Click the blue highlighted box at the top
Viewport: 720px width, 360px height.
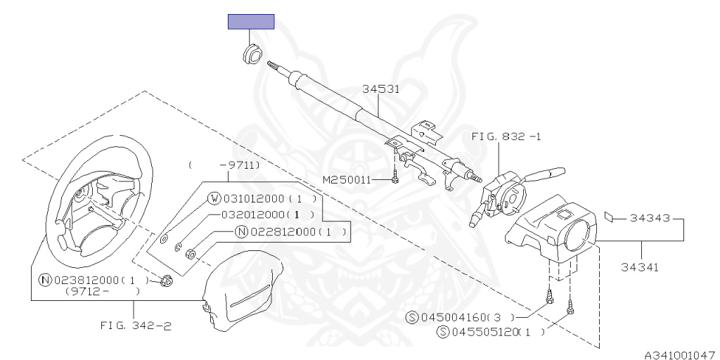251,22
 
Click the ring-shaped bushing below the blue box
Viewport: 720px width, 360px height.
252,53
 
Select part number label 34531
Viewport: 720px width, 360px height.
380,89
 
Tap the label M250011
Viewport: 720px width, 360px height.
347,180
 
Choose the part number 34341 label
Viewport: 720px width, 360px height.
640,266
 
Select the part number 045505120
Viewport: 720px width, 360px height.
485,332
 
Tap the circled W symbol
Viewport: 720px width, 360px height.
214,199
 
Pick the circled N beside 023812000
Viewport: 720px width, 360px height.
45,280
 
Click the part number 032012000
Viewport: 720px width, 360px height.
254,214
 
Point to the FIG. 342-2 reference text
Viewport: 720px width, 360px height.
136,326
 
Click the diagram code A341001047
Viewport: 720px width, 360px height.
681,354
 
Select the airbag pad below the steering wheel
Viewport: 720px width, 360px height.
243,287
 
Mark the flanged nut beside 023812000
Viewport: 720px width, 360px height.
167,280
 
